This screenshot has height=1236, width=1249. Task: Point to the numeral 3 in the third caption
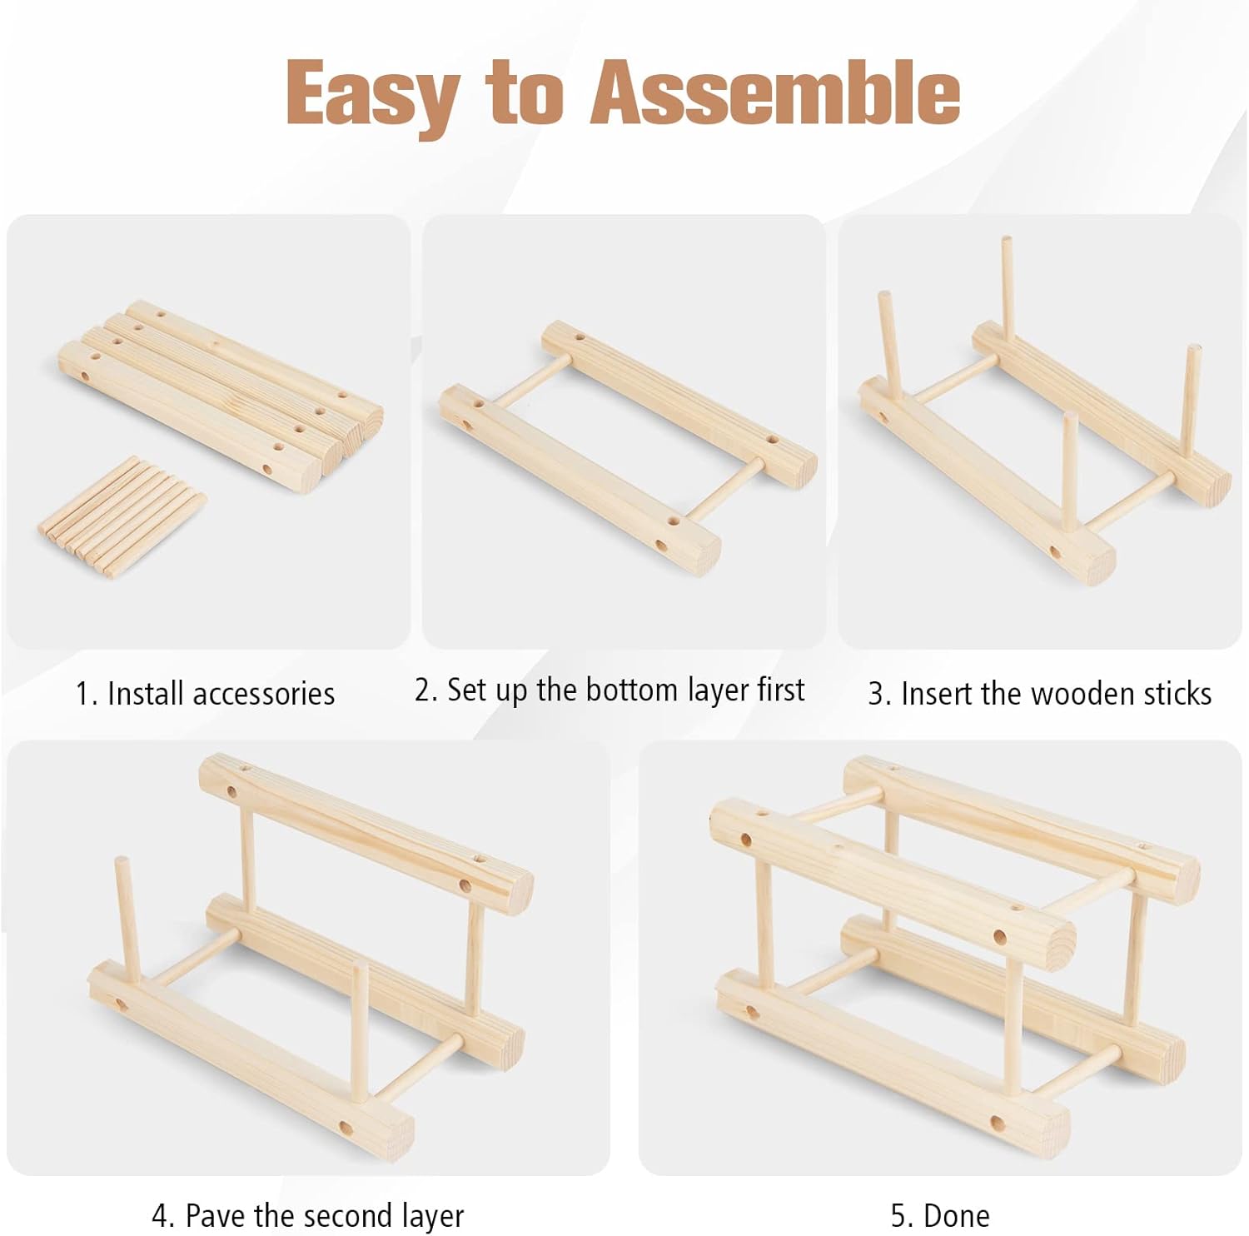[875, 694]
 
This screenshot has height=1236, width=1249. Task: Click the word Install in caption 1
[136, 694]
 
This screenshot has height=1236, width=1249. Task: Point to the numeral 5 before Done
[898, 1215]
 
